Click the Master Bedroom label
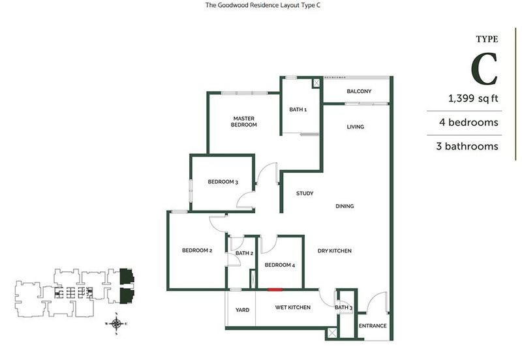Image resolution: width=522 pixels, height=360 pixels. (245, 121)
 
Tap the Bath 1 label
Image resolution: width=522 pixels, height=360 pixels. (298, 110)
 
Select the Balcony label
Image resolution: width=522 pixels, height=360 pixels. (359, 91)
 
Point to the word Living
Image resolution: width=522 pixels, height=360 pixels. (355, 127)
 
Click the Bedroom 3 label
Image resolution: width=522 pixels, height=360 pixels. (221, 182)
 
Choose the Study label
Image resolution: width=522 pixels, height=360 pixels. (305, 194)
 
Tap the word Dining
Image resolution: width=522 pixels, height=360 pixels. (345, 206)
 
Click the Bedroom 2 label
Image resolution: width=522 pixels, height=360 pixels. (197, 250)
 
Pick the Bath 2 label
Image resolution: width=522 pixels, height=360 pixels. (244, 253)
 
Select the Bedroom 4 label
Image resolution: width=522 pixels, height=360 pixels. (280, 265)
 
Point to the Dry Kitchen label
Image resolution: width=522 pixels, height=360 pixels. (335, 250)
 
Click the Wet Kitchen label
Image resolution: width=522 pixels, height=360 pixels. (292, 307)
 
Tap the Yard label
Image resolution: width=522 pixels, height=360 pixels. (241, 309)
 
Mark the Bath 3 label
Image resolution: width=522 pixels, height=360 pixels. (343, 308)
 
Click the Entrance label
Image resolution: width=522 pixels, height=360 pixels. (373, 326)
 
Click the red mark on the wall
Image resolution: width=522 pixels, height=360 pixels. (274, 290)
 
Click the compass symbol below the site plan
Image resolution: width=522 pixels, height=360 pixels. (116, 322)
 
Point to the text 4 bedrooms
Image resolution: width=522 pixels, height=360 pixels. (468, 123)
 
